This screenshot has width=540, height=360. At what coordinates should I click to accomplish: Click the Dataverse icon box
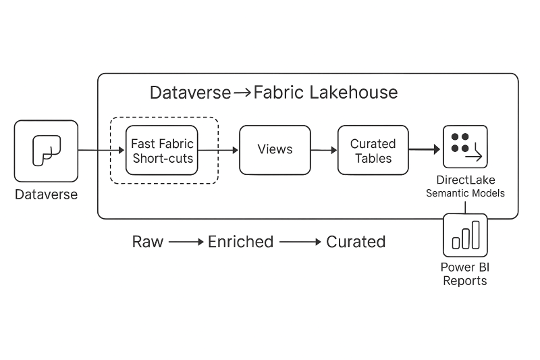point(46,151)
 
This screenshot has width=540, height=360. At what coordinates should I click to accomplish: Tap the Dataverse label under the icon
point(47,195)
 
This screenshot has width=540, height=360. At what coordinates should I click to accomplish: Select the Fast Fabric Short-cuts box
point(162,150)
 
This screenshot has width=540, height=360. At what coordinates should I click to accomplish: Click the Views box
point(275,150)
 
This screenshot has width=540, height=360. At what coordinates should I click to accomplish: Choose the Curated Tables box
point(373,150)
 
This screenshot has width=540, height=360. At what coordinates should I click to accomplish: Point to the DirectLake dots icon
point(465,146)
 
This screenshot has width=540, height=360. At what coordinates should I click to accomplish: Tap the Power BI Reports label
point(464,274)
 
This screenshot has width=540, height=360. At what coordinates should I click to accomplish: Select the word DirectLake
point(464,180)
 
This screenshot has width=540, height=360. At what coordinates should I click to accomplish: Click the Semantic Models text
point(465,193)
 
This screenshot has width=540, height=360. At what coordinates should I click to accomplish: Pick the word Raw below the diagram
point(148,242)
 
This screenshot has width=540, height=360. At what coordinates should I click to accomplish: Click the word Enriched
point(240,242)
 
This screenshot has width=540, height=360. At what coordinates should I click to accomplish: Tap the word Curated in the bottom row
point(356,242)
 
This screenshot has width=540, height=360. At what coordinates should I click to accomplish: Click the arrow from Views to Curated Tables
point(324,150)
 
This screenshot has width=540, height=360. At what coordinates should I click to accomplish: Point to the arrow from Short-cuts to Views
point(219,150)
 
